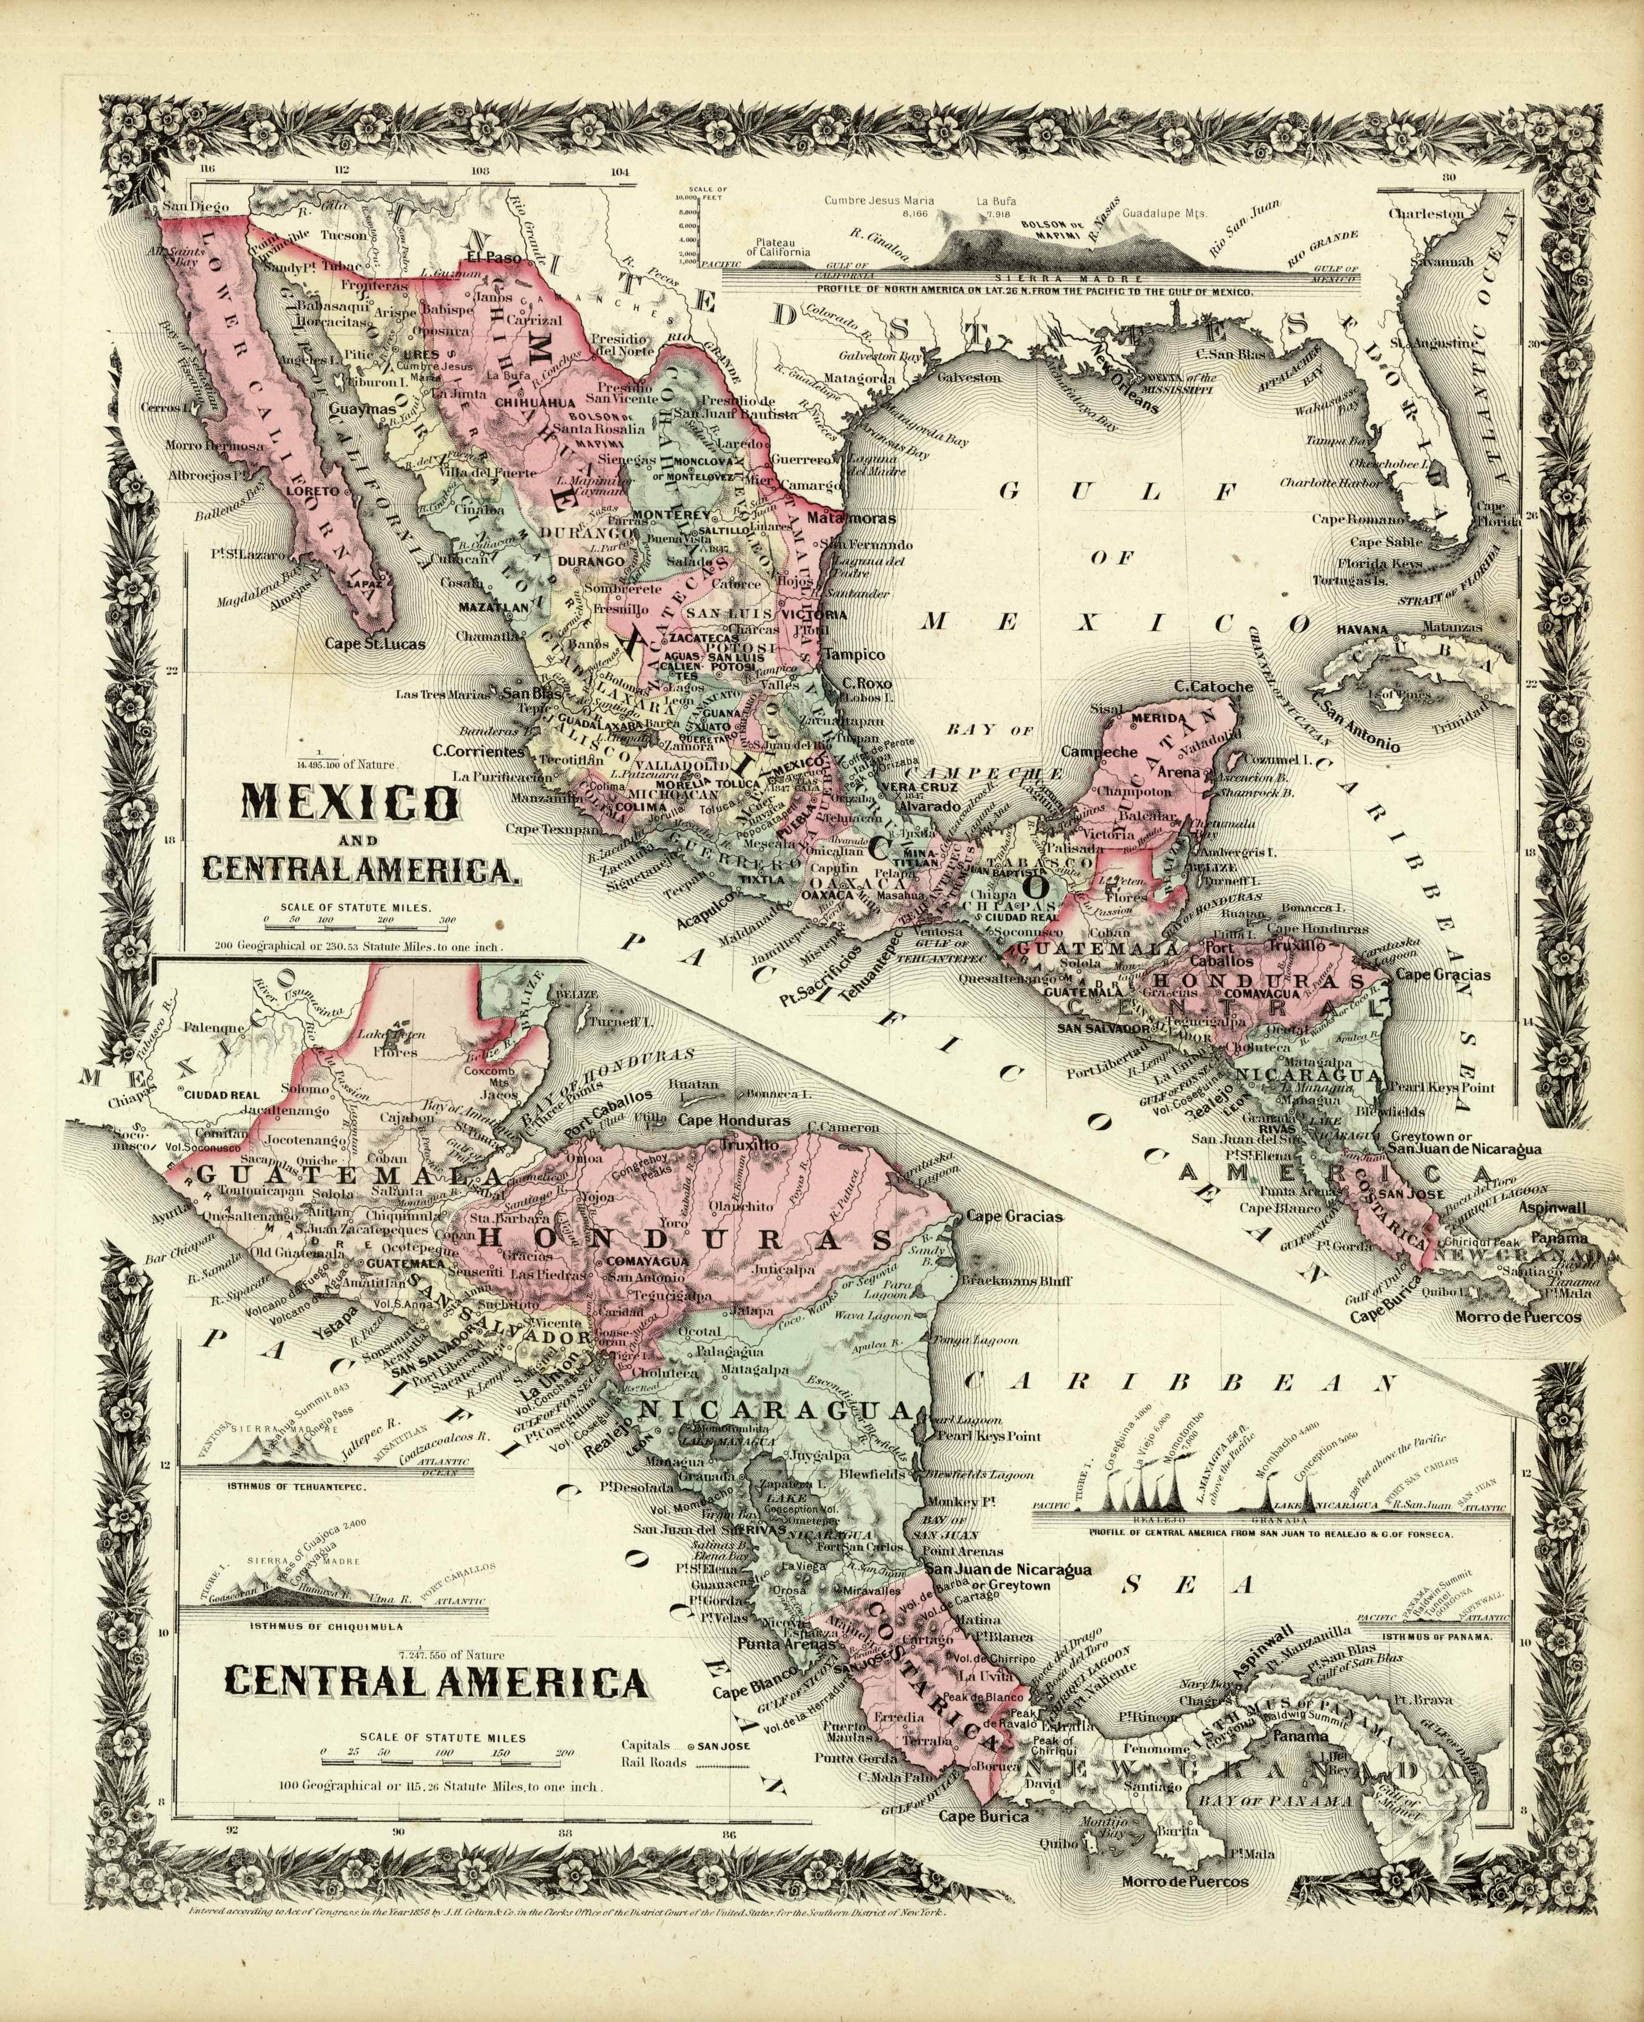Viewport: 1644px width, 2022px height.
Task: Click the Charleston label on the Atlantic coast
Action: point(1425,214)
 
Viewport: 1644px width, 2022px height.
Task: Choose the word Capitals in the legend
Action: point(653,1742)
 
